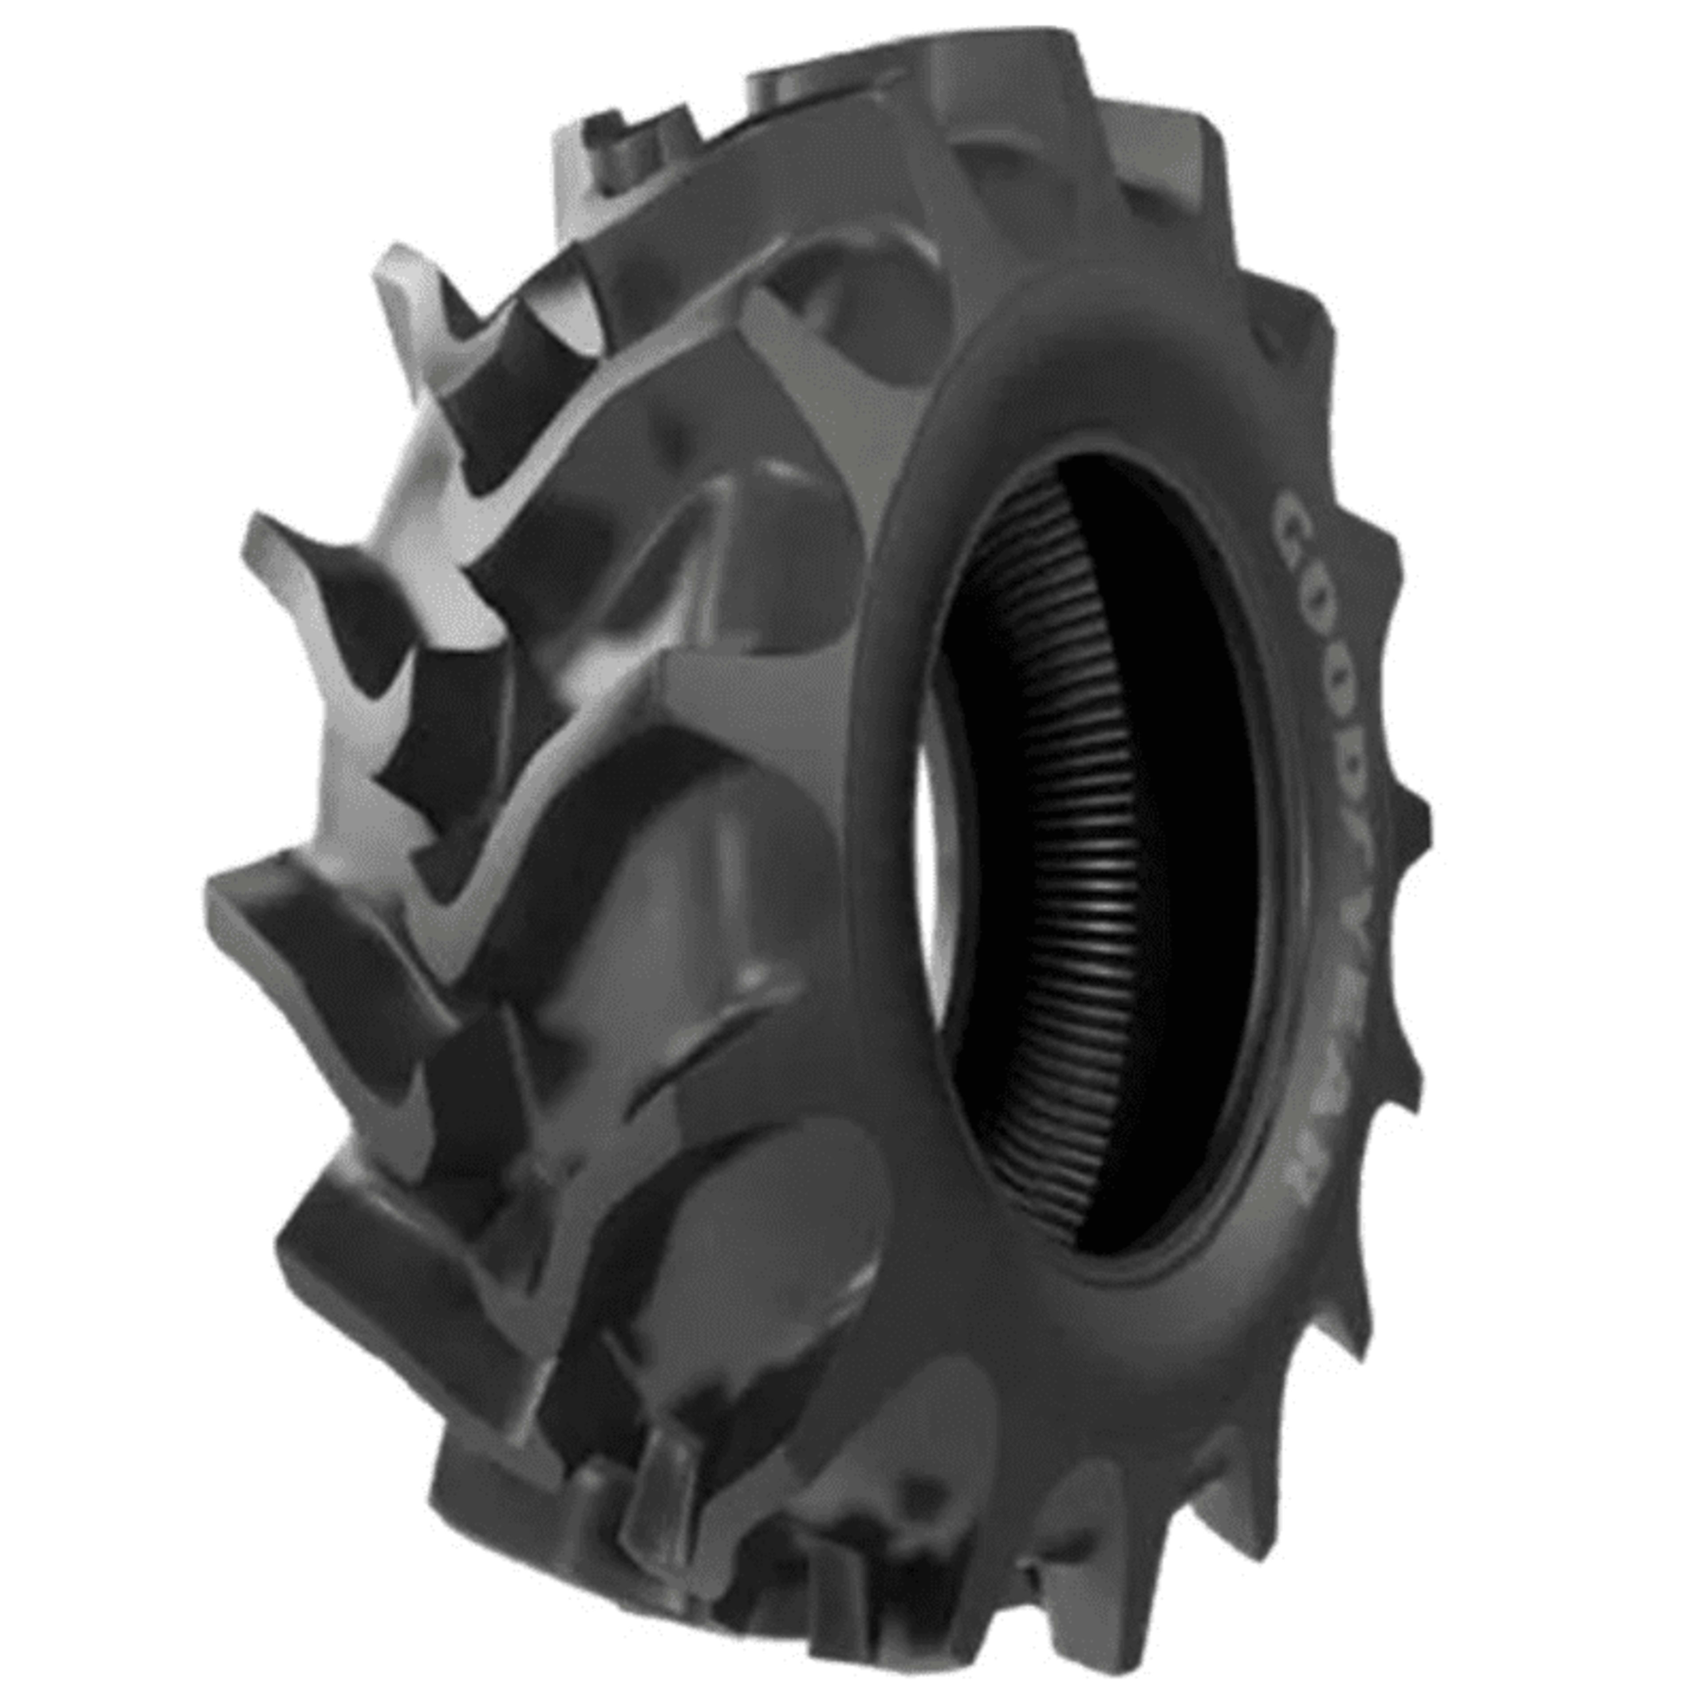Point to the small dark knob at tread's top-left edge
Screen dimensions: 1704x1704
click(x=608, y=132)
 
